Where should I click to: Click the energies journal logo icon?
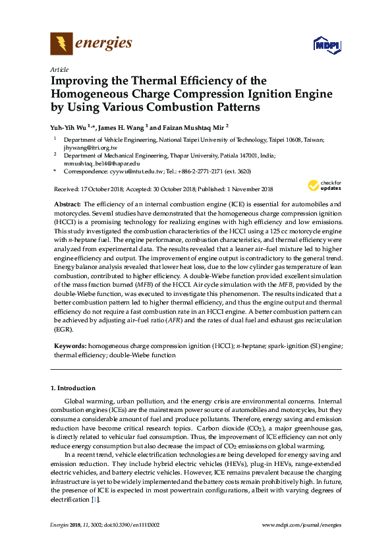(x=61, y=44)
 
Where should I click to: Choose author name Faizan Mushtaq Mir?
(x=192, y=127)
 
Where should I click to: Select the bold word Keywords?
(x=70, y=345)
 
